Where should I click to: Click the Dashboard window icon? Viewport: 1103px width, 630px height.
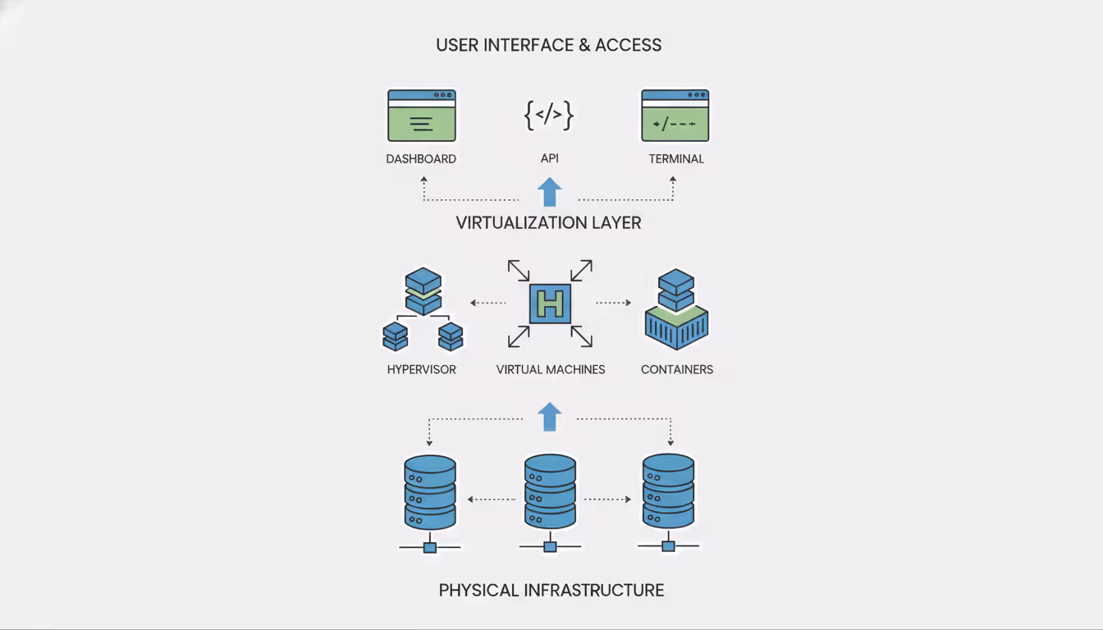tap(421, 116)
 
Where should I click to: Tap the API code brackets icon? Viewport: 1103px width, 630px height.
tap(549, 116)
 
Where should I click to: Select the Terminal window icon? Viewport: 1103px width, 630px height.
tap(675, 116)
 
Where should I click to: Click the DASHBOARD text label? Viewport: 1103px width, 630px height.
tap(421, 159)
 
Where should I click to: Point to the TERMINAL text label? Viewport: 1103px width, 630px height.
tap(676, 159)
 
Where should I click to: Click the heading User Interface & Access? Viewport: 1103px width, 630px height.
tap(549, 45)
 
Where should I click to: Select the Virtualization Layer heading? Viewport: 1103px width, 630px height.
tap(549, 223)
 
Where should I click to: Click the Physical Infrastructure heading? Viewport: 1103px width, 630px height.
tap(551, 590)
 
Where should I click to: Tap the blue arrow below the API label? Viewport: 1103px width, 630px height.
tap(549, 193)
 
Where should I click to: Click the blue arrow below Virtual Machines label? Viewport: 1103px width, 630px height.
tap(550, 417)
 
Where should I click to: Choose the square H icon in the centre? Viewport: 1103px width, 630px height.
tap(550, 304)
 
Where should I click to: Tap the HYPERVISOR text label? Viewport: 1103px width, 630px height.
tap(421, 370)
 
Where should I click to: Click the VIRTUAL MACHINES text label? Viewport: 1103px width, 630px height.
tap(551, 370)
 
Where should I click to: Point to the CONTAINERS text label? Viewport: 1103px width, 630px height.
tap(677, 370)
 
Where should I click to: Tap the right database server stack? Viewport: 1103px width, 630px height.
tap(668, 492)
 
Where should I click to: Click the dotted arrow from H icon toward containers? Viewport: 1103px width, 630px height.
tap(613, 303)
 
